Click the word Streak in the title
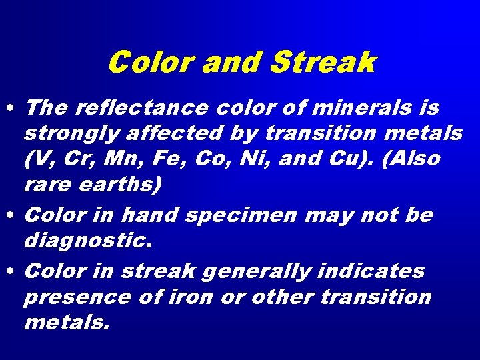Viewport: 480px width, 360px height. click(x=324, y=63)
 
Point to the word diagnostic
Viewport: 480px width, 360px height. click(x=88, y=241)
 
